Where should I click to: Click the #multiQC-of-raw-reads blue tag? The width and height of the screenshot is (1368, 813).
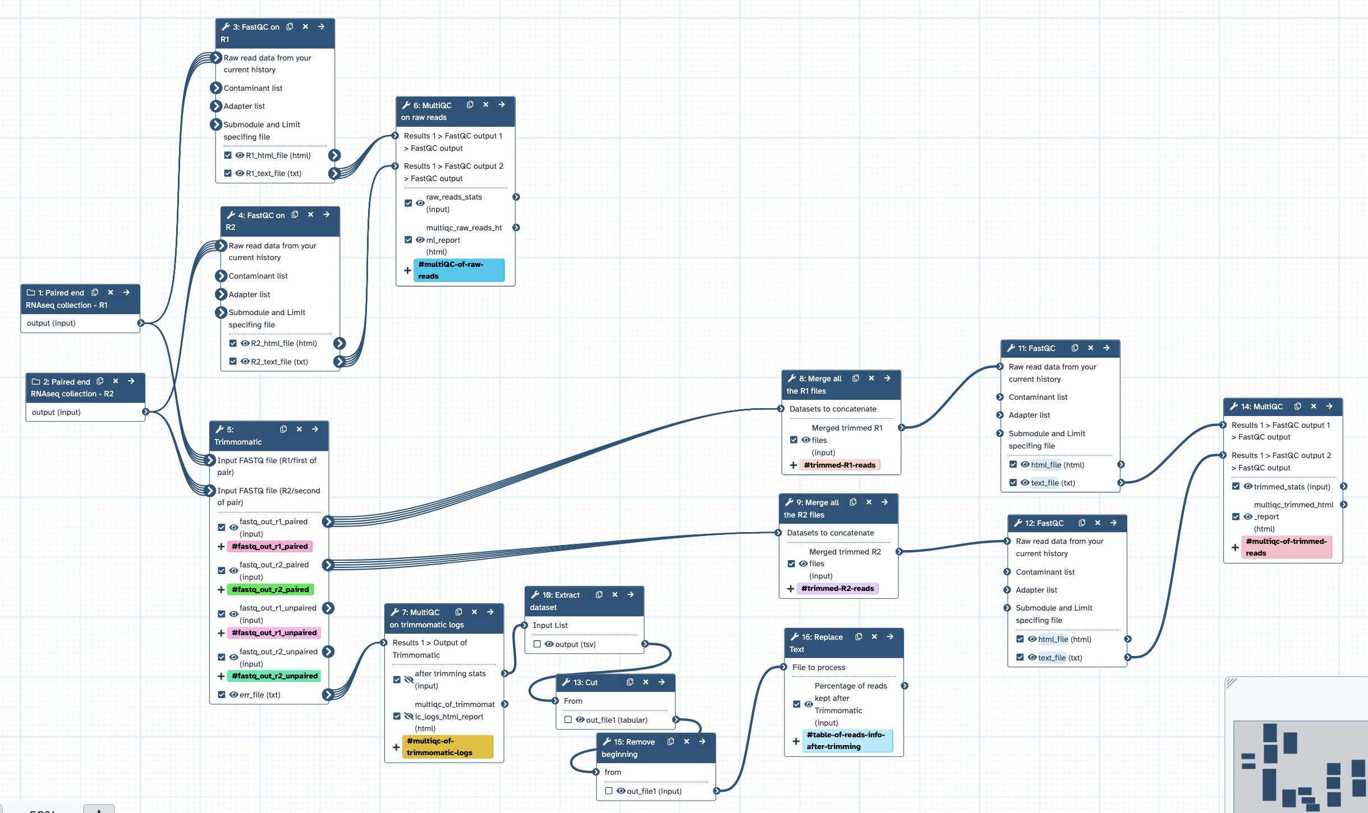[x=459, y=270]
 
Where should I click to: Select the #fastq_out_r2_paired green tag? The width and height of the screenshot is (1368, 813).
[x=270, y=589]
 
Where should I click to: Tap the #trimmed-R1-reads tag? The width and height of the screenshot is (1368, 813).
[x=839, y=465]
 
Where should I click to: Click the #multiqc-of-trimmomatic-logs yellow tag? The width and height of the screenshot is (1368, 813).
[x=447, y=746]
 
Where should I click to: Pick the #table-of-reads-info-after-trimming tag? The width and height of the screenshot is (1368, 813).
[x=847, y=740]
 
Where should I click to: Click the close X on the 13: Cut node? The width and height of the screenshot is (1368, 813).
[x=646, y=682]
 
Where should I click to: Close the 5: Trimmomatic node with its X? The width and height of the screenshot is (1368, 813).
[x=300, y=429]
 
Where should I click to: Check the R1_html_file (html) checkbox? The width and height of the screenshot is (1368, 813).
[x=228, y=155]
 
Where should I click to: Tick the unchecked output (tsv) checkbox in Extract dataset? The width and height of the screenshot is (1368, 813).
[x=537, y=644]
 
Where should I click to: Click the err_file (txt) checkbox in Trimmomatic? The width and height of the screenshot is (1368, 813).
[x=222, y=694]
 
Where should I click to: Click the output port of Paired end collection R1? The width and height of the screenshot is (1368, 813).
[x=141, y=323]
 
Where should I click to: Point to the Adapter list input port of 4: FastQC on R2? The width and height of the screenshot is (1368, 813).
[x=221, y=294]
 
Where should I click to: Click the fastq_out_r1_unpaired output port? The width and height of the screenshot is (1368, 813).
[x=329, y=608]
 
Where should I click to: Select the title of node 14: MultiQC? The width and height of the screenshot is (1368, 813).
[x=1261, y=406]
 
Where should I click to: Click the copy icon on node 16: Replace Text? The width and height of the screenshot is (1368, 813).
[x=859, y=636]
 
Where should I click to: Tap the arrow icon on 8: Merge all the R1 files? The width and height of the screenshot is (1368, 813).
[x=887, y=378]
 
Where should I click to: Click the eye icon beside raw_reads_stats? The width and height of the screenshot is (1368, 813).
[x=420, y=203]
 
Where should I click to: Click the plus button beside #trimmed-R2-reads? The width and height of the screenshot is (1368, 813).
[x=791, y=589]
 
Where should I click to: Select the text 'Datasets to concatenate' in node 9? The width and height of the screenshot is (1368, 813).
[x=830, y=533]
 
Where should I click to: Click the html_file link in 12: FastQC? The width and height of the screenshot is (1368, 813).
[x=1053, y=639]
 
